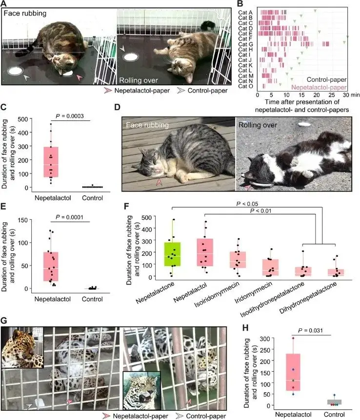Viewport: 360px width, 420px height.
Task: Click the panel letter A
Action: [x=4, y=4]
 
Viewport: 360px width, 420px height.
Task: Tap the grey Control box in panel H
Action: [x=334, y=402]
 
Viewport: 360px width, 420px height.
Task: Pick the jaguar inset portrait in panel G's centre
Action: [x=141, y=391]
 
